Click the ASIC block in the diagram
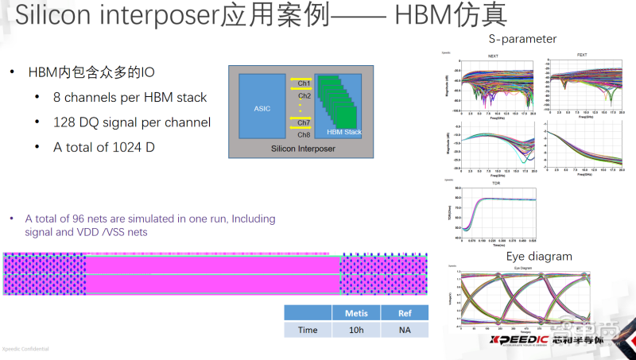coord(262,108)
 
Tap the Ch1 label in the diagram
coord(304,83)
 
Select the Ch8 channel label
coord(304,135)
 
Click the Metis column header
coord(356,313)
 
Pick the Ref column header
coord(405,313)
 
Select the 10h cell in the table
coord(356,330)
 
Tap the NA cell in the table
coord(405,330)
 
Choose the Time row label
coord(308,330)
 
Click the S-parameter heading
coord(522,38)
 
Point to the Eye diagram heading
coord(539,257)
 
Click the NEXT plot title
coord(493,56)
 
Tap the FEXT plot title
coord(582,55)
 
